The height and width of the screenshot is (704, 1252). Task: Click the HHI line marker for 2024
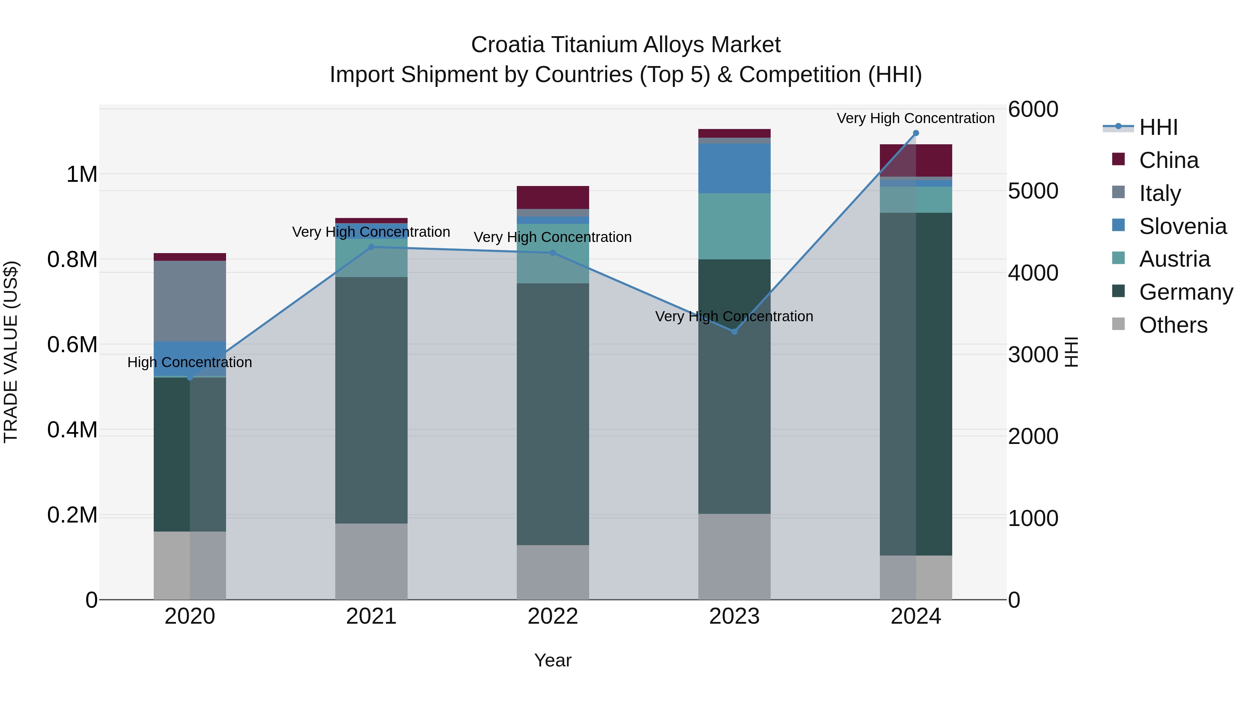[x=916, y=133]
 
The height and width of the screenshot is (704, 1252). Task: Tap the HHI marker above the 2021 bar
[x=371, y=247]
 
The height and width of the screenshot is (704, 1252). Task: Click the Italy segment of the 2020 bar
[x=190, y=301]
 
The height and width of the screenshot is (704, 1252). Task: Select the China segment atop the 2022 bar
[x=553, y=197]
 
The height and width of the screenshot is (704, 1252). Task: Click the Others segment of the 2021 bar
[x=371, y=561]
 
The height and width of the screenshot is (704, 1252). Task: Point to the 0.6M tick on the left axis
[x=72, y=345]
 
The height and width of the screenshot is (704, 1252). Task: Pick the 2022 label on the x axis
[x=553, y=616]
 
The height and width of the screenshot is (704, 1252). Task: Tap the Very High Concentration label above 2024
[x=916, y=118]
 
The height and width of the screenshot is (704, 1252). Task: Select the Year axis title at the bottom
[x=553, y=660]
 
